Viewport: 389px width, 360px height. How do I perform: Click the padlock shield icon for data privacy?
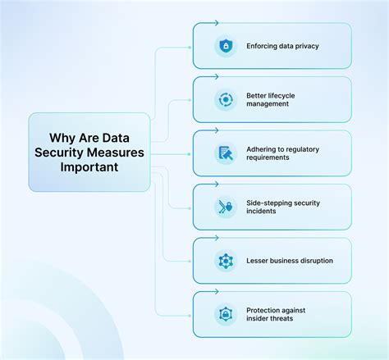(224, 46)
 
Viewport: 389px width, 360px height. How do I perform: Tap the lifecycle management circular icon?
(224, 99)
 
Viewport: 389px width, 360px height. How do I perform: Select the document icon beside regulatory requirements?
(224, 153)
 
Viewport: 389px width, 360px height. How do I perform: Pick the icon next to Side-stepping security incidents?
(224, 207)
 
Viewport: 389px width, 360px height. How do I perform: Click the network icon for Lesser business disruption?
(224, 261)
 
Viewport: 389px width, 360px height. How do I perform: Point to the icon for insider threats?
(224, 314)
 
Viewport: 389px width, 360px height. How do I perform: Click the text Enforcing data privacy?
(281, 46)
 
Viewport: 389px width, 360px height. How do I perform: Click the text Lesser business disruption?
(289, 261)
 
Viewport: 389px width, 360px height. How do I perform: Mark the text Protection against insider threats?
(281, 314)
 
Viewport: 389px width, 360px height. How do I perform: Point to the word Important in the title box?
(89, 166)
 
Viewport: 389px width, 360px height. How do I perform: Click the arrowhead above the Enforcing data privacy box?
(217, 23)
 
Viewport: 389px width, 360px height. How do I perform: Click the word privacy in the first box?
(304, 46)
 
